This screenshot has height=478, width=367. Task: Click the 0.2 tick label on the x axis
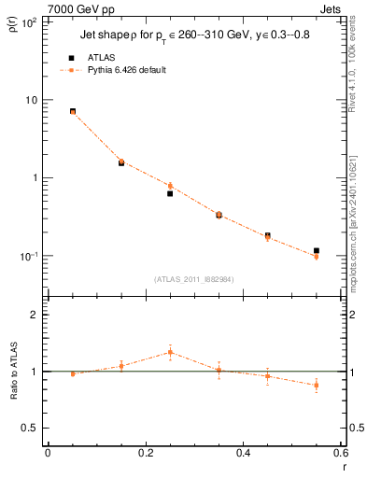(x=145, y=454)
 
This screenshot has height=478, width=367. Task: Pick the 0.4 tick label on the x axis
(x=243, y=454)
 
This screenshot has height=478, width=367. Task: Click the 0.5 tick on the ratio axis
(x=35, y=428)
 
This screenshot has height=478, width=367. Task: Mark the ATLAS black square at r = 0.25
(x=170, y=193)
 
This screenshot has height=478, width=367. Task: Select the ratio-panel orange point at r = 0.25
(x=170, y=352)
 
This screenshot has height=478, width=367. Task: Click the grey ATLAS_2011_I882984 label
(x=194, y=278)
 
